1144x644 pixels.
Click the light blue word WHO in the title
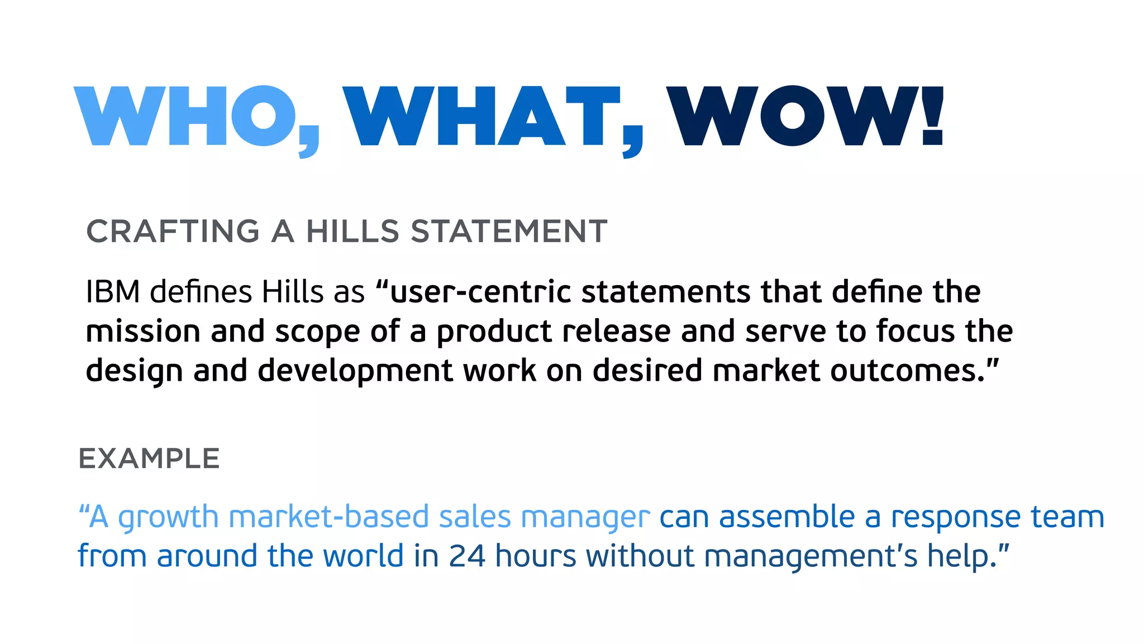tap(184, 116)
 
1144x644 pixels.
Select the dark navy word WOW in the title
tap(793, 116)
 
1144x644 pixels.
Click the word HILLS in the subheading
tap(352, 231)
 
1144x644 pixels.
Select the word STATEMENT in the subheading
tap(509, 231)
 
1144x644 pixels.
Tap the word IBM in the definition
tap(113, 292)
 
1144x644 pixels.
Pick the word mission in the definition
tap(143, 331)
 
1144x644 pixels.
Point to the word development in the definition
tap(355, 371)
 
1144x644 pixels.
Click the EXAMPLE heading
tap(149, 459)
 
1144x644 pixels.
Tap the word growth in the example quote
tap(168, 518)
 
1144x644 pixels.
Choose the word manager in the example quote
tap(585, 518)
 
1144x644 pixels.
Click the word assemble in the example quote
tap(786, 517)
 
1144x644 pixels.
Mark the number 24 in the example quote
tap(467, 556)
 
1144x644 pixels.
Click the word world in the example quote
tap(363, 556)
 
